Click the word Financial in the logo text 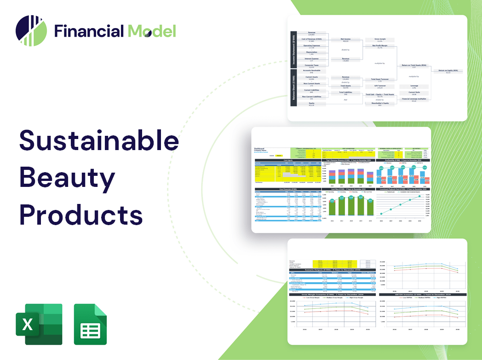(88, 31)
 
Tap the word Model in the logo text (152, 31)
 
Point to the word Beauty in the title (67, 177)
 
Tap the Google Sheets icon (91, 324)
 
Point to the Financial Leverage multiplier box (414, 99)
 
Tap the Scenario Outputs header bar (331, 270)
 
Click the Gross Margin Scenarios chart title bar (331, 294)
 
